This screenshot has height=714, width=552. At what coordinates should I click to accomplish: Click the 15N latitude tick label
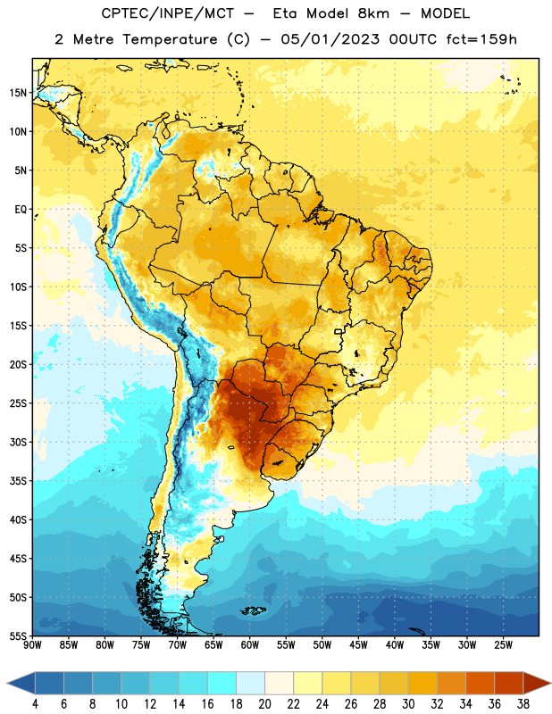pos(18,93)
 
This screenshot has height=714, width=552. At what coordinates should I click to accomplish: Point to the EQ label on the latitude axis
pos(21,210)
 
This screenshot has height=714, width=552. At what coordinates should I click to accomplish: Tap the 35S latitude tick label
pos(18,481)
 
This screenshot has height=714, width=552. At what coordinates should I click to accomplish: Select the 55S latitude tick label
pos(18,635)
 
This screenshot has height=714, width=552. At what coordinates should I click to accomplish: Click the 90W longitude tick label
pos(32,645)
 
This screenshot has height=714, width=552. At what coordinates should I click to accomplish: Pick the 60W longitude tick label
pos(250,645)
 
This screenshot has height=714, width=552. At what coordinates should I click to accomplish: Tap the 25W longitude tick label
pos(503,645)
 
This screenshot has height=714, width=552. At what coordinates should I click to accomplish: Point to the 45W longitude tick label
pos(358,645)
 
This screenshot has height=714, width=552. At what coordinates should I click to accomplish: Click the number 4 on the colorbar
pos(35,704)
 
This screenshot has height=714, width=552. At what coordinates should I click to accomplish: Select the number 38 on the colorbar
pos(523,704)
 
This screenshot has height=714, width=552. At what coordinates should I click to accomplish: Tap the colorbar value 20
pos(264,704)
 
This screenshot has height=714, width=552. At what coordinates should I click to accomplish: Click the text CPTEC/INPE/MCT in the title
pos(168,13)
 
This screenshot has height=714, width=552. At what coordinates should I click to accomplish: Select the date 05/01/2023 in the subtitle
pos(330,39)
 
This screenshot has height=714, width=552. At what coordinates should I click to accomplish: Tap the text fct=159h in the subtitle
pos(481,39)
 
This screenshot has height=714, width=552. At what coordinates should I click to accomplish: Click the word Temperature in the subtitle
pos(170,39)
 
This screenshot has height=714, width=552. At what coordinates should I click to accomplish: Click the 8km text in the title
pos(373,13)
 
